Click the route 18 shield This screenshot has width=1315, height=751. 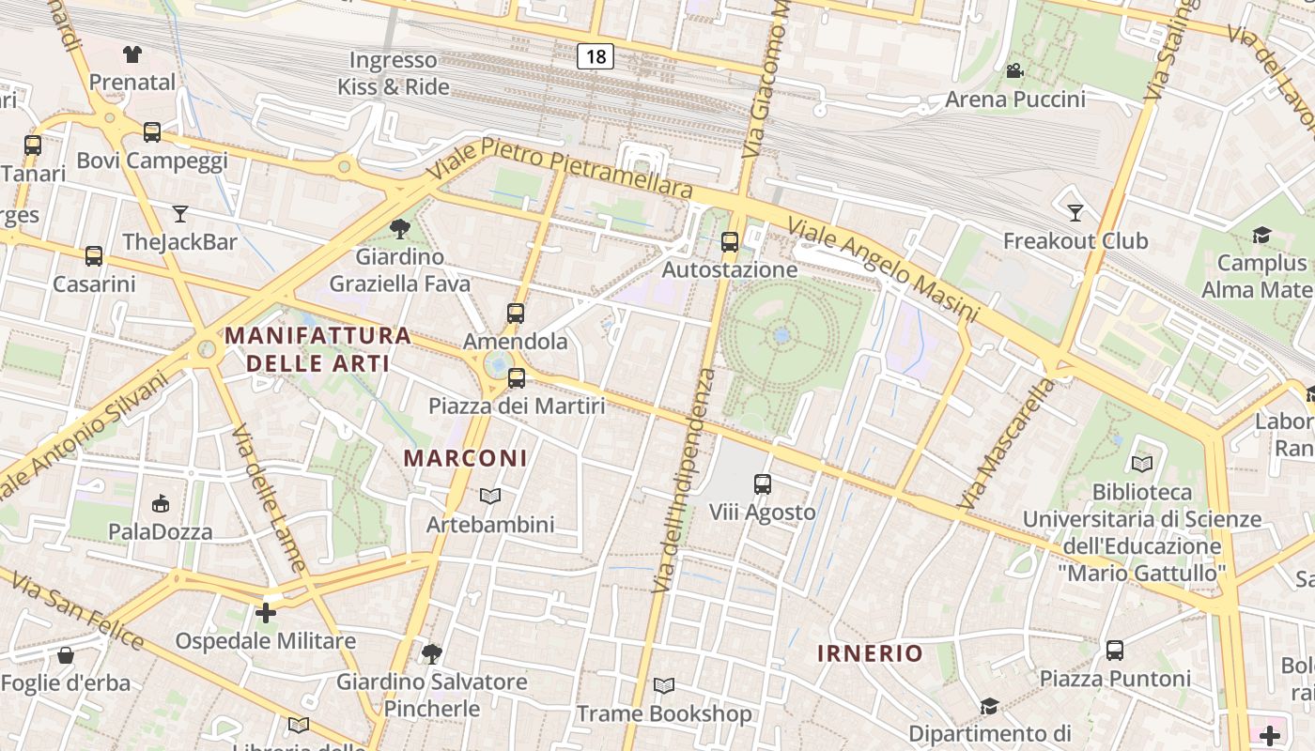coord(596,56)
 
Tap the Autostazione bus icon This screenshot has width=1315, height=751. coord(730,242)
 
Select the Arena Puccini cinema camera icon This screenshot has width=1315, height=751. coord(1014,71)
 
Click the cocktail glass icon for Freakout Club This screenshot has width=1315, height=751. coord(1075,213)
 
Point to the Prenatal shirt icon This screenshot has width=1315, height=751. coord(132,54)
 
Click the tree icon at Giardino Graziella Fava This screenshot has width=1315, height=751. coord(399,228)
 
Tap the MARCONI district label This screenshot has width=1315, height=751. coord(465,458)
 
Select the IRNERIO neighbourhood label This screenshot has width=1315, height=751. coord(870,653)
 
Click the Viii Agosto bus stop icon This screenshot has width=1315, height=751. coord(763,484)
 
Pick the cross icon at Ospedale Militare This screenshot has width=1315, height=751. coord(266,613)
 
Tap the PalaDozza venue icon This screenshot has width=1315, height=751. coord(161,504)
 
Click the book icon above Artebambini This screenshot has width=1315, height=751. coord(490,496)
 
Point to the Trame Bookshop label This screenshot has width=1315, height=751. coord(664,713)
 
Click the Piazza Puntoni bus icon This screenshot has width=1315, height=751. coord(1115,650)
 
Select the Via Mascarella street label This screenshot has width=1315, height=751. coord(1007,444)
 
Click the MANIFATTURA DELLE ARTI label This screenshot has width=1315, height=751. coord(317,349)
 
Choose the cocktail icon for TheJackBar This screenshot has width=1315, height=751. coord(180,214)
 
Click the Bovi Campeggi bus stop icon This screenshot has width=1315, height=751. coord(152,132)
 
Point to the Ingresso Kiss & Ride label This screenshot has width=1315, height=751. coord(394,73)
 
